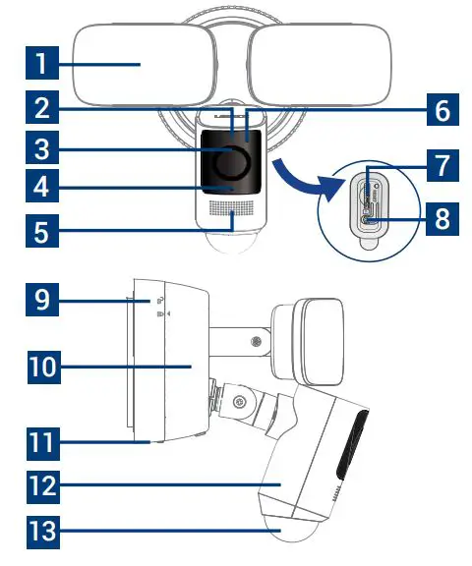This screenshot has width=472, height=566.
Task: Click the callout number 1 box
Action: click(x=40, y=68)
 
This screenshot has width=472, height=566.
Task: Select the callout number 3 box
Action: click(x=40, y=152)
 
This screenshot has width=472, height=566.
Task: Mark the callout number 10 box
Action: click(x=40, y=369)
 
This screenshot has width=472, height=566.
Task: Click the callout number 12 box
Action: click(x=40, y=486)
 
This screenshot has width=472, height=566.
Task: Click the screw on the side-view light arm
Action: click(x=256, y=342)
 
